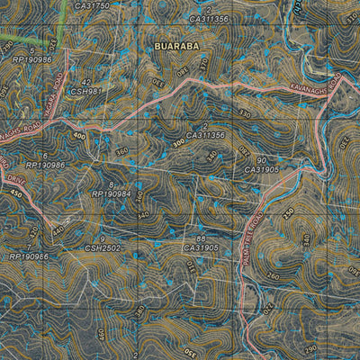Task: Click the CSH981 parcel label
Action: pyautogui.click(x=82, y=90)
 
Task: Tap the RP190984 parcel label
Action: pyautogui.click(x=111, y=193)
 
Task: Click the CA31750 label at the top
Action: pyautogui.click(x=92, y=5)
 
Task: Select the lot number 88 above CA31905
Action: pyautogui.click(x=201, y=238)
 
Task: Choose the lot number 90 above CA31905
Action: pyautogui.click(x=260, y=159)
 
